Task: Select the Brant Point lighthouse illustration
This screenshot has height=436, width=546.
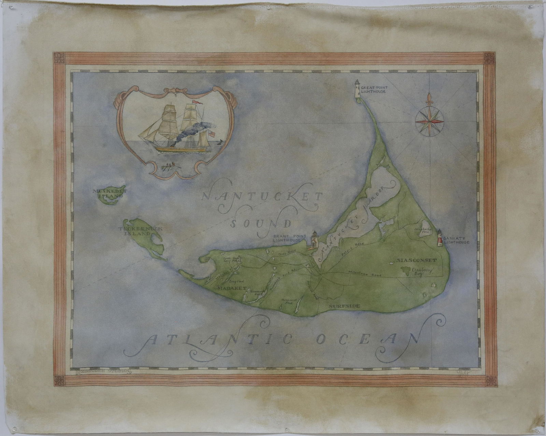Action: pos(314,239)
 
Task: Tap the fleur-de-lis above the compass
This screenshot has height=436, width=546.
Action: pos(429,99)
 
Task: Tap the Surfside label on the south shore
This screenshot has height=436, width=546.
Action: pos(344,306)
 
